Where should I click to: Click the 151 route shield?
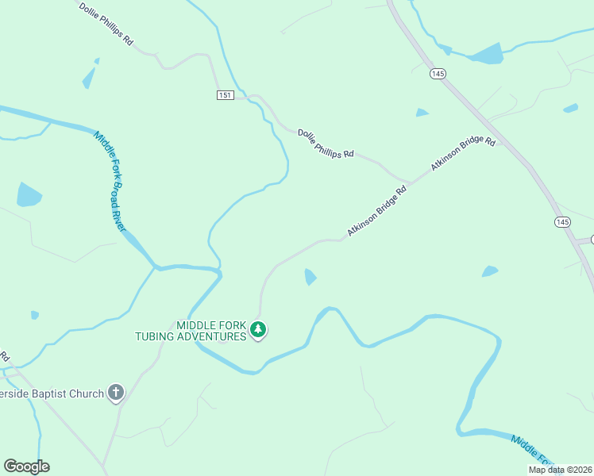(226, 95)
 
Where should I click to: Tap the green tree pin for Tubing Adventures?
(257, 329)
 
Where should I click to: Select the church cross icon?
(116, 392)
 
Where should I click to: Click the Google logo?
(26, 466)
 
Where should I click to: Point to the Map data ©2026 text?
(560, 470)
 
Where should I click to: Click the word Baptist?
(57, 393)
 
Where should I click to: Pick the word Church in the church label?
(88, 393)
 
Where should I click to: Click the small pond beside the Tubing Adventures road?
(310, 277)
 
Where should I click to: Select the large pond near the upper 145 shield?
(487, 54)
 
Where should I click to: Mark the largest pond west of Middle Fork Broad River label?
(29, 194)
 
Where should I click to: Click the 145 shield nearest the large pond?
(438, 73)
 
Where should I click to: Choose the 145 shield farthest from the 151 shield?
(563, 222)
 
